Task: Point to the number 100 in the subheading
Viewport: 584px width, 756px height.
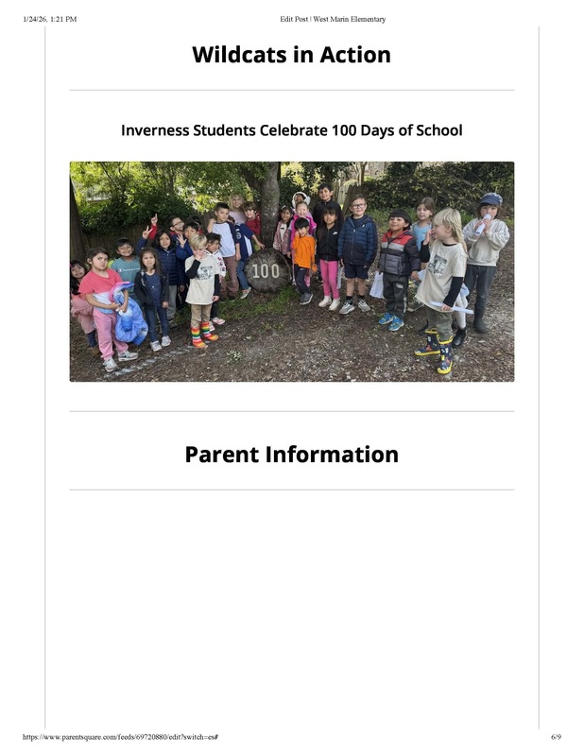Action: coord(344,129)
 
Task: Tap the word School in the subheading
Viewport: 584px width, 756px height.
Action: coord(438,129)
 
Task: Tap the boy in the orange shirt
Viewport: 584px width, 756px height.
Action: coord(303,252)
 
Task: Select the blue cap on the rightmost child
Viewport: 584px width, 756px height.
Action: coord(490,198)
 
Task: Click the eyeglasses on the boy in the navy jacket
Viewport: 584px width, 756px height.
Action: coord(357,207)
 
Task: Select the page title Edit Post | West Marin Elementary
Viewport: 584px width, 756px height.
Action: coord(333,19)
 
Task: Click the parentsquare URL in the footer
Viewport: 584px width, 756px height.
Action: coord(119,737)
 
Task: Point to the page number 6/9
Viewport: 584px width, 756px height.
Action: coord(556,737)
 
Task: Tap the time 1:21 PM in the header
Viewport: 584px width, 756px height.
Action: coord(64,19)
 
